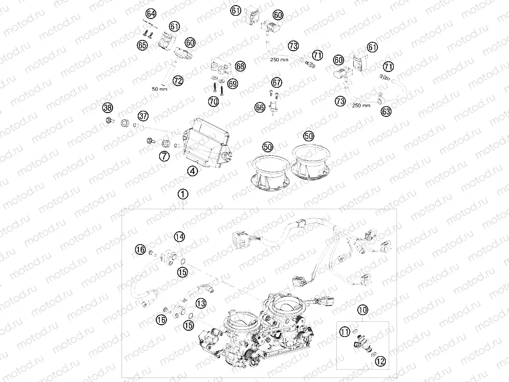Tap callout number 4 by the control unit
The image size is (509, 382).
pos(192,172)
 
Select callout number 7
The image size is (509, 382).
pos(164,156)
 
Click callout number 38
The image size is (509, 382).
pos(107,108)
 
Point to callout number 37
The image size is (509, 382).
pos(143,116)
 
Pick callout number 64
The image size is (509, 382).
pos(151,14)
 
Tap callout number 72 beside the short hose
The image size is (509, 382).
pos(178,81)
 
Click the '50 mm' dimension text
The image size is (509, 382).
pos(160,89)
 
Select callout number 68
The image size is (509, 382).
pos(240,66)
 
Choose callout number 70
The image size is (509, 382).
pos(213,102)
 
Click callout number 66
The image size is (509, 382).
pos(260,106)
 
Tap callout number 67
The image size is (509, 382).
pos(276,82)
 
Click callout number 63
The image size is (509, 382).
pos(385,112)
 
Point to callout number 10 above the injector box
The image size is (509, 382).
pos(363,309)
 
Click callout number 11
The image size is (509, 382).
pos(344,332)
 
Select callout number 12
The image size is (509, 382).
pos(381,362)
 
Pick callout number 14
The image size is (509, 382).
pos(179,237)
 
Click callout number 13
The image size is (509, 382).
pos(200,303)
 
